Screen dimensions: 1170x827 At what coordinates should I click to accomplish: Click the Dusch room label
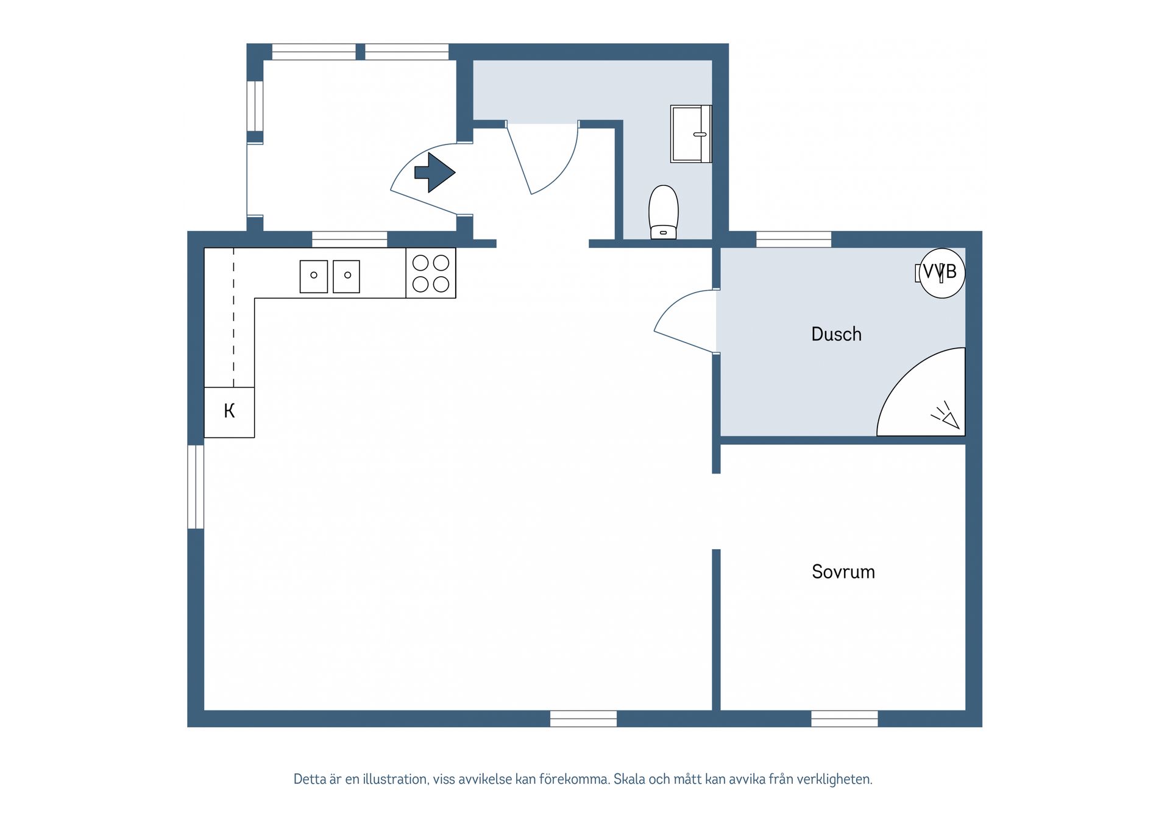click(x=836, y=334)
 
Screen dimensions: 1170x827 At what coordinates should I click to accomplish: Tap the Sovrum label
click(x=843, y=572)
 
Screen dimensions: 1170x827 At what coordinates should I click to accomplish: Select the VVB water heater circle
click(x=942, y=273)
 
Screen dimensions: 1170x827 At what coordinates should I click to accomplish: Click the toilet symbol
click(x=664, y=212)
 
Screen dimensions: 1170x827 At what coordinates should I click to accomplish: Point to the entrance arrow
click(x=434, y=172)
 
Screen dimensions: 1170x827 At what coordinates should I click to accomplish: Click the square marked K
click(x=229, y=412)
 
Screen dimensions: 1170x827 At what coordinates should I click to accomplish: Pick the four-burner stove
click(x=431, y=273)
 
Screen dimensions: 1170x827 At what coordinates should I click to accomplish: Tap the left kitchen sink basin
click(x=314, y=276)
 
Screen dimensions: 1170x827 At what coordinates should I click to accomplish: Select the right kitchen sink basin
click(x=346, y=276)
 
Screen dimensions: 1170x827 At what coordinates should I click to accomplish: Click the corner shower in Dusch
click(x=921, y=392)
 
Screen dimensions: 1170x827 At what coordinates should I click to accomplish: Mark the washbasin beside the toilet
click(x=691, y=134)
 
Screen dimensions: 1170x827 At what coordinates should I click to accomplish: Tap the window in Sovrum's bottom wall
click(x=845, y=719)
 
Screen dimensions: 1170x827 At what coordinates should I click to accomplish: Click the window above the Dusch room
click(x=793, y=240)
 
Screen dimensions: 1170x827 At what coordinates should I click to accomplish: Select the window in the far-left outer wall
click(x=196, y=487)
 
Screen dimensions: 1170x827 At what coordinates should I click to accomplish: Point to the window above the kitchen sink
click(x=350, y=240)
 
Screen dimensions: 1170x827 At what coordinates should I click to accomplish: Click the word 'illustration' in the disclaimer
click(x=395, y=779)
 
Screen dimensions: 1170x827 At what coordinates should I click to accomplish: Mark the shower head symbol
click(x=946, y=416)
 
